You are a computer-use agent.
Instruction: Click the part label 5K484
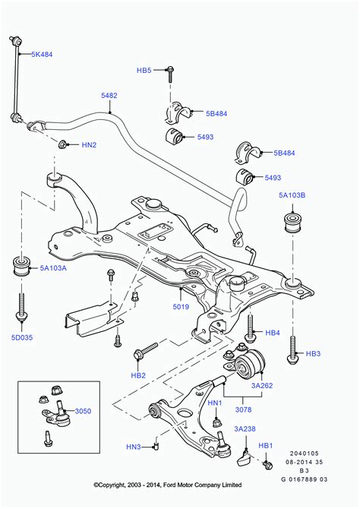pyautogui.click(x=42, y=55)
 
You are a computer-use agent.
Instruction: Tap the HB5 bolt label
pyautogui.click(x=144, y=70)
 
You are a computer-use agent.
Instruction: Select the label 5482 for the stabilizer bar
pyautogui.click(x=109, y=96)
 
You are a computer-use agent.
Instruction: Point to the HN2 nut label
pyautogui.click(x=89, y=145)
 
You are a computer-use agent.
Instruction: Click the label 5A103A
pyautogui.click(x=53, y=268)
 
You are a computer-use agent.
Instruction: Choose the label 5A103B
pyautogui.click(x=292, y=195)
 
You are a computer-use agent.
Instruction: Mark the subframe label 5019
pyautogui.click(x=181, y=306)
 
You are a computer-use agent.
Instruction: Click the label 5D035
pyautogui.click(x=22, y=337)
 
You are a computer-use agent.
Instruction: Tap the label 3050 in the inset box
pyautogui.click(x=83, y=411)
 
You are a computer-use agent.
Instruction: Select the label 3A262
pyautogui.click(x=262, y=386)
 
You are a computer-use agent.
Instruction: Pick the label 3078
pyautogui.click(x=244, y=409)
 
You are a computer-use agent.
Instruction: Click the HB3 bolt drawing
pyautogui.click(x=292, y=350)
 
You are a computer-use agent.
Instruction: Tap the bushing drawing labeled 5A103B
pyautogui.click(x=293, y=223)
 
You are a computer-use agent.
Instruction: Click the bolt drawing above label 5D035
pyautogui.click(x=21, y=307)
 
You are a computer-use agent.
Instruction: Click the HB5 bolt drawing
pyautogui.click(x=170, y=74)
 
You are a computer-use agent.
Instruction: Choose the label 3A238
pyautogui.click(x=245, y=428)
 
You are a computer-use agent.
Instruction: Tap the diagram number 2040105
pyautogui.click(x=305, y=454)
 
